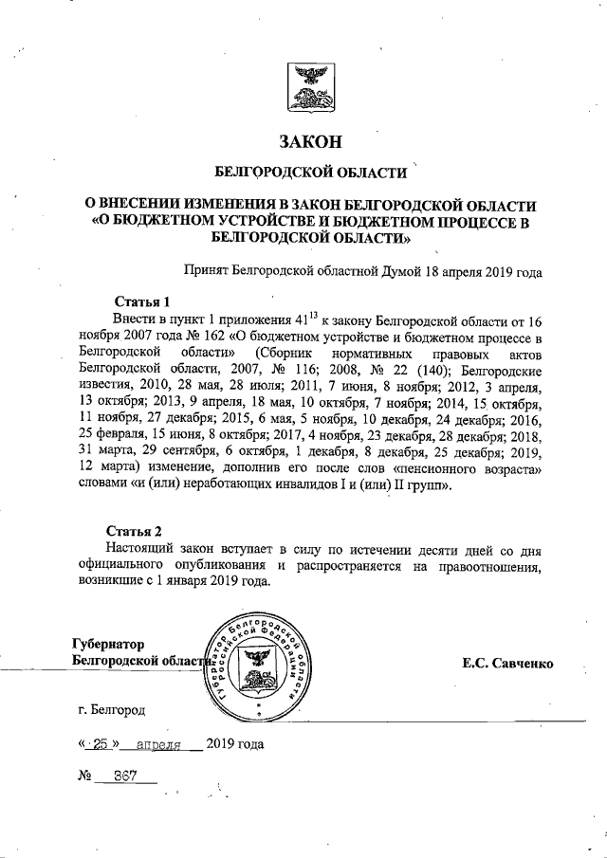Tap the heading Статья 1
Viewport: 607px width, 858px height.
pyautogui.click(x=140, y=301)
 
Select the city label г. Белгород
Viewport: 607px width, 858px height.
pyautogui.click(x=113, y=709)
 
